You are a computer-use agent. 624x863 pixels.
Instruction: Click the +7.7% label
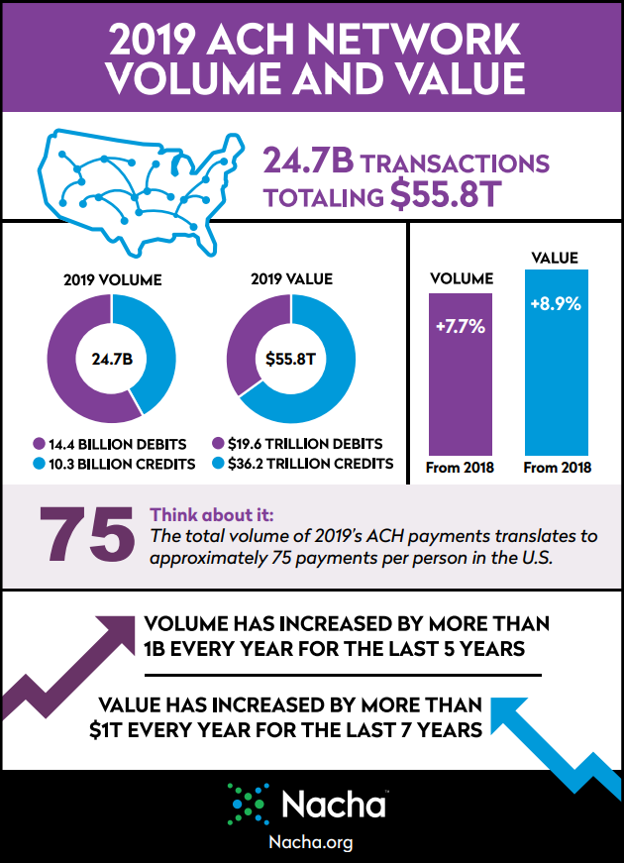(x=459, y=326)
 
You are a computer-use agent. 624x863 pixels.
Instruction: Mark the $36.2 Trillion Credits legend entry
(x=302, y=463)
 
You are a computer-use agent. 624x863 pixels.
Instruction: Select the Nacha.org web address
(x=311, y=842)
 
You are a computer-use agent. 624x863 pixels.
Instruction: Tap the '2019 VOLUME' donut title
(x=111, y=280)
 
